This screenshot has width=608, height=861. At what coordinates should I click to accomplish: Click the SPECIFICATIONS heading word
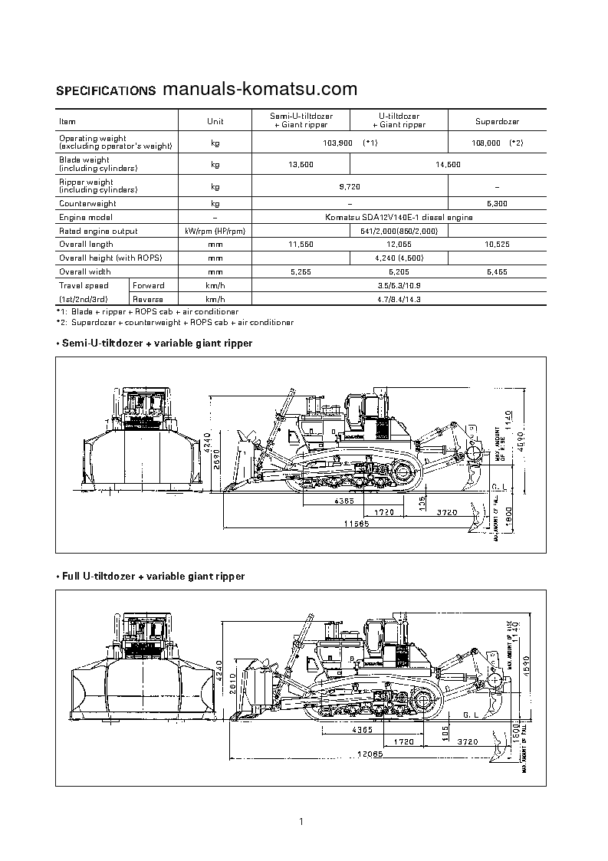coord(106,90)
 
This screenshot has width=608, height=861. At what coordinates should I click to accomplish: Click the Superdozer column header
coord(497,121)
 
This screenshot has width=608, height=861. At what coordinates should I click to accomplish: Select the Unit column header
coord(215,121)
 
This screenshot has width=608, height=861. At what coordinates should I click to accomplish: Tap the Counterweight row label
coord(87,203)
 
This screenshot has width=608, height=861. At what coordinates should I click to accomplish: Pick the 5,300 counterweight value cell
coord(497,203)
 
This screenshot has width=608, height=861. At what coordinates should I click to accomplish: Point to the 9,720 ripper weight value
coord(350,186)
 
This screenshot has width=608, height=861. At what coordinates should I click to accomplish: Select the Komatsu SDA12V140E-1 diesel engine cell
coord(399,217)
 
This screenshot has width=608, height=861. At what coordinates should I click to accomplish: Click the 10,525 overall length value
coord(497,245)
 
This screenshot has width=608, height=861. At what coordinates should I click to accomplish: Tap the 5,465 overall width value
coord(497,271)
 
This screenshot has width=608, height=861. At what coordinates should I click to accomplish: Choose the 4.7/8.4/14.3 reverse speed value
coord(399,299)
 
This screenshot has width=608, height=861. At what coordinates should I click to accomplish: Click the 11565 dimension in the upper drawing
coord(356,524)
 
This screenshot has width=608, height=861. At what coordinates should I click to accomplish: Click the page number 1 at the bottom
coord(303,822)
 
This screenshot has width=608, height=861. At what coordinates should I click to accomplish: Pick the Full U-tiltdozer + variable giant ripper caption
coord(151,576)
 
